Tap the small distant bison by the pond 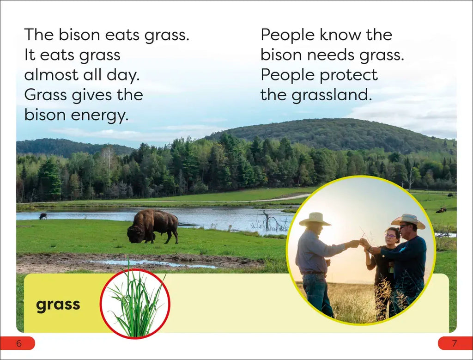(x=43, y=216)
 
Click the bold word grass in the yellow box (x=58, y=305)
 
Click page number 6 (x=19, y=343)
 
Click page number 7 (x=455, y=343)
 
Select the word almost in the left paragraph (x=51, y=74)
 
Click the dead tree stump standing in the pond (x=267, y=220)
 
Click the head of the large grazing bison (x=135, y=234)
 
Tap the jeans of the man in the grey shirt (x=318, y=294)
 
